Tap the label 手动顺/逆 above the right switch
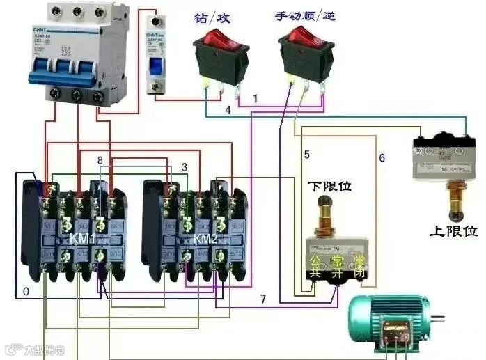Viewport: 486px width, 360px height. click(306, 15)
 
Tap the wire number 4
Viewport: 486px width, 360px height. click(228, 110)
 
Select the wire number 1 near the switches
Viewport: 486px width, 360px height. click(255, 99)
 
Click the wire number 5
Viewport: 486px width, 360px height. click(306, 153)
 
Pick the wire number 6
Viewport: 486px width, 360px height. click(382, 158)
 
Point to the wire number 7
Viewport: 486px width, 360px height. click(262, 299)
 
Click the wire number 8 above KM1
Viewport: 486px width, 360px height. click(100, 161)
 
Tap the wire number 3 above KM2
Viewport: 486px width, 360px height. click(184, 167)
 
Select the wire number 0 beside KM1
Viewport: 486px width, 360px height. click(26, 292)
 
